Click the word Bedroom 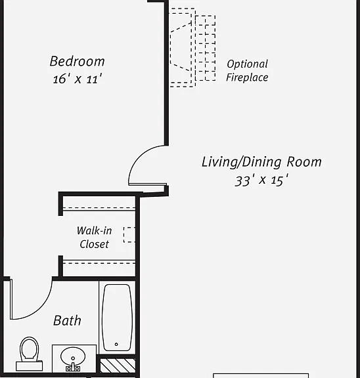(x=78, y=61)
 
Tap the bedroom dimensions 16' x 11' (x=78, y=79)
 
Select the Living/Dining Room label (x=261, y=162)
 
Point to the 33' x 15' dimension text (x=261, y=180)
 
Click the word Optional (x=247, y=64)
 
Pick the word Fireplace (x=247, y=77)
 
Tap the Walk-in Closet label (x=95, y=238)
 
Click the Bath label (x=67, y=321)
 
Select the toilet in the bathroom (x=29, y=354)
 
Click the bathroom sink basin (x=73, y=357)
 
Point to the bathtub (x=118, y=318)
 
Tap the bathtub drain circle (x=116, y=345)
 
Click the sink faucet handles (x=73, y=368)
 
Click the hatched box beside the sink (x=118, y=366)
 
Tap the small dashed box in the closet (x=129, y=234)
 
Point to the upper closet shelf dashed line (x=99, y=208)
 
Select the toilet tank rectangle (x=29, y=366)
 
